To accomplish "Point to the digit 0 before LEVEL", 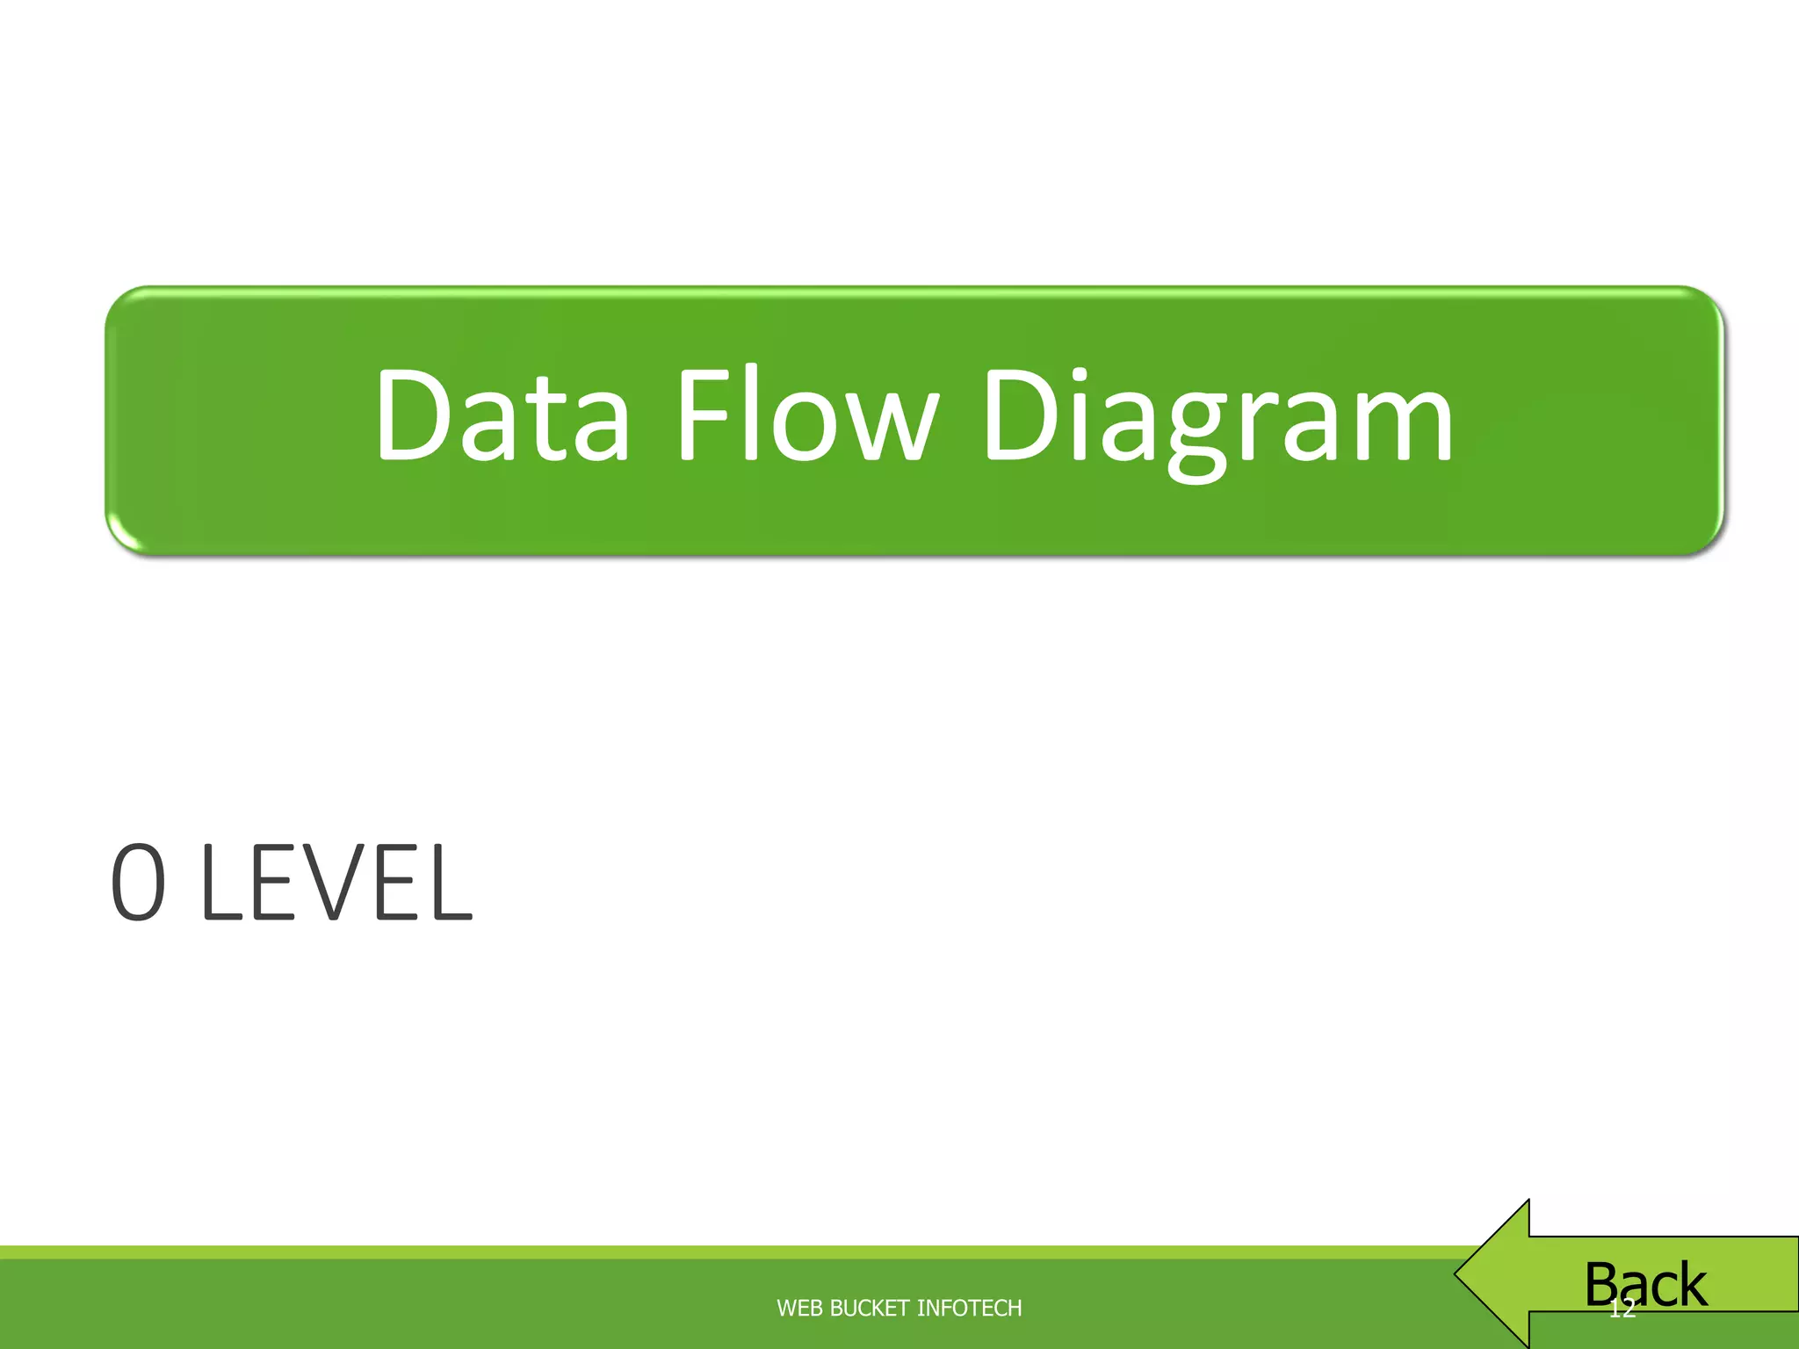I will tap(139, 883).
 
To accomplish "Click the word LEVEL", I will tap(337, 883).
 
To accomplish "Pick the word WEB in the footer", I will tap(799, 1309).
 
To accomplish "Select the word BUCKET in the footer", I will tap(870, 1309).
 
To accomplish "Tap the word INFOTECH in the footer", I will tap(969, 1309).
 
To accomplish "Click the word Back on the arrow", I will tap(1645, 1284).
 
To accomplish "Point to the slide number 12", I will tap(1622, 1309).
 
